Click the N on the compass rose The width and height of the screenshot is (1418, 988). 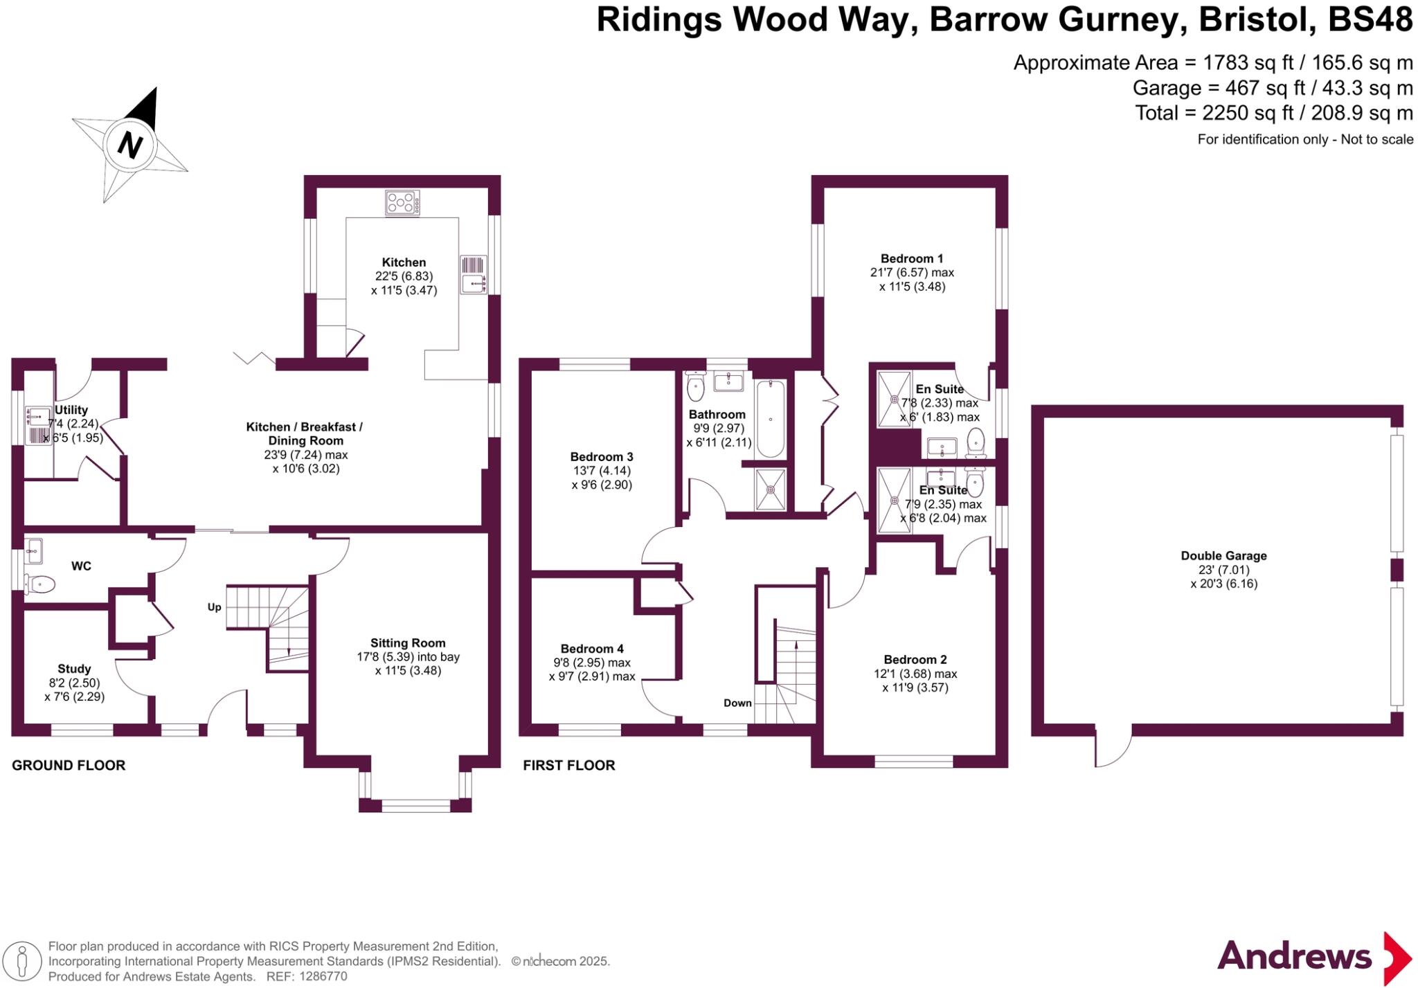(129, 145)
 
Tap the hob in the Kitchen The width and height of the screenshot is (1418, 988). (402, 203)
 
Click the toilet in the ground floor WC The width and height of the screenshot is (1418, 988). (40, 585)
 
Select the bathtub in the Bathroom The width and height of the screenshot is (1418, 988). (770, 420)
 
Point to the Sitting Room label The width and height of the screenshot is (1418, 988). (408, 643)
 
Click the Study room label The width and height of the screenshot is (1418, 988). (74, 669)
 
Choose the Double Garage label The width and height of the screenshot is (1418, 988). (1223, 556)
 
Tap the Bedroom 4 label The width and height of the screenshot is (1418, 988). (592, 649)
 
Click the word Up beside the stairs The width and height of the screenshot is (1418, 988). (215, 607)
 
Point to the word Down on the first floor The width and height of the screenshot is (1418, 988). (737, 703)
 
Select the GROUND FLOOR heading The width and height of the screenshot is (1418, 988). (69, 765)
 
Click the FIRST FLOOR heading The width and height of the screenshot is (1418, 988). (568, 765)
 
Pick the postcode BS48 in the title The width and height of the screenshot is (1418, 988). (1370, 19)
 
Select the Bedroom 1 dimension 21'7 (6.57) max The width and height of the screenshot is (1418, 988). (912, 273)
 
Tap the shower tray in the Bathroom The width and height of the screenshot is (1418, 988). (771, 489)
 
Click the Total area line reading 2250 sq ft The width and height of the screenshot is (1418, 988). (1273, 113)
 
